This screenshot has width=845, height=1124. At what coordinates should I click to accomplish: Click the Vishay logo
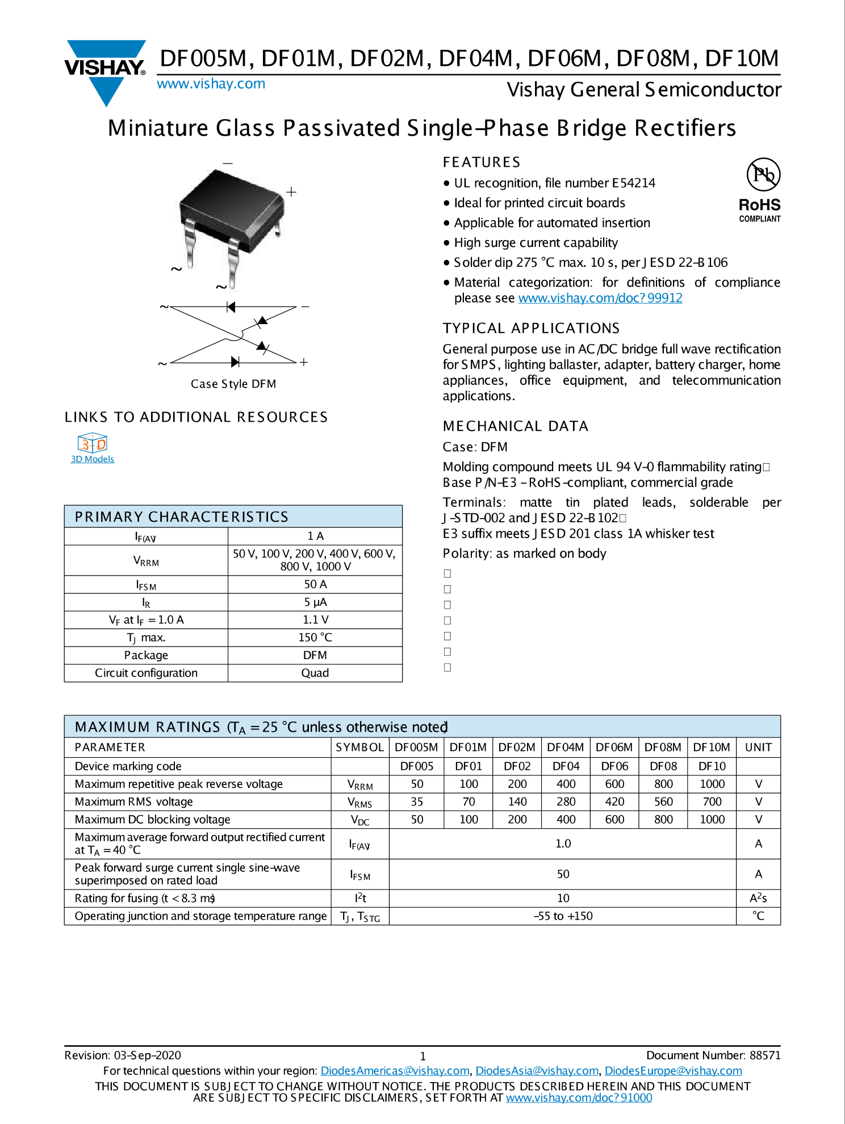tap(106, 70)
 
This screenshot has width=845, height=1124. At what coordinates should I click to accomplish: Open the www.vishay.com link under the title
tap(211, 84)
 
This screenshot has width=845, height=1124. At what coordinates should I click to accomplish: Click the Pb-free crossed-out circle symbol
tap(763, 174)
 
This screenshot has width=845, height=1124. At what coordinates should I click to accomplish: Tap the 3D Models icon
tap(92, 443)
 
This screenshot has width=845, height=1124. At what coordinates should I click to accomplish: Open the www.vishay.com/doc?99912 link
tap(600, 298)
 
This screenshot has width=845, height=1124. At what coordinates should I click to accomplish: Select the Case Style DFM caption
tap(233, 384)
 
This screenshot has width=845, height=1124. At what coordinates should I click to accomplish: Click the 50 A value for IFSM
tap(315, 585)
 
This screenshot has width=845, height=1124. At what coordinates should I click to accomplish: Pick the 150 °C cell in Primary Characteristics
tap(315, 638)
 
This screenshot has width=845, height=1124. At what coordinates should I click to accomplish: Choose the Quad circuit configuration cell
tap(315, 673)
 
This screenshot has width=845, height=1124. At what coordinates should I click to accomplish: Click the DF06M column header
tap(614, 748)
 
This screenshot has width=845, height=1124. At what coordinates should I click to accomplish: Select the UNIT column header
tap(758, 748)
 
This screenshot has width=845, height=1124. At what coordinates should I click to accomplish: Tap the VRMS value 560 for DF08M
tap(663, 802)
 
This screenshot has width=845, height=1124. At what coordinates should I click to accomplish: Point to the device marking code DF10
tap(712, 766)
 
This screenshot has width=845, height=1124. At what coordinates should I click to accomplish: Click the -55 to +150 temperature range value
tap(563, 916)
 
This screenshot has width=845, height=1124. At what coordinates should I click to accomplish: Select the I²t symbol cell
tap(360, 898)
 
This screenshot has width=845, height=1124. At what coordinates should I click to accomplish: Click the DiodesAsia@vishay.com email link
tap(537, 1071)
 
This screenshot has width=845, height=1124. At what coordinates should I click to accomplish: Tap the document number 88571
tap(765, 1055)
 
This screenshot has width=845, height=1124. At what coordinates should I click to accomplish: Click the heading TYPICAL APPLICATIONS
tap(531, 328)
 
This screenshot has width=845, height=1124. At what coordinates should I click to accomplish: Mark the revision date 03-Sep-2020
tap(148, 1055)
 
